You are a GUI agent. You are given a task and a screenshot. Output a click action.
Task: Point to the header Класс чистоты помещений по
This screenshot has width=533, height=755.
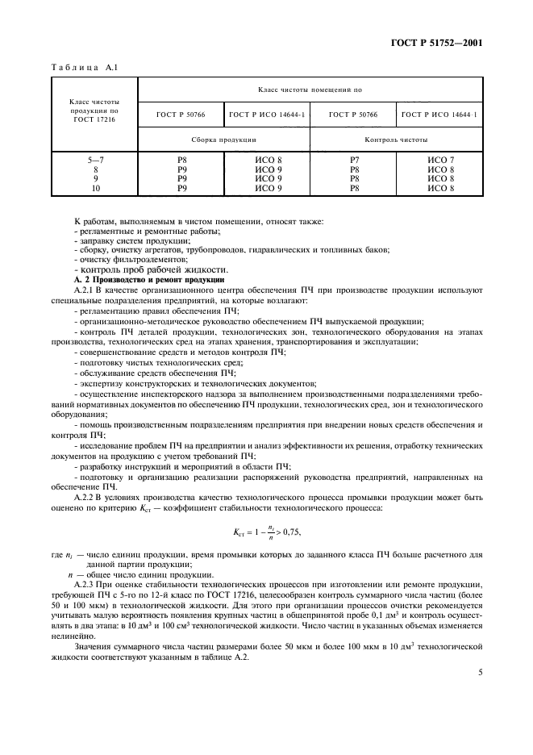310,92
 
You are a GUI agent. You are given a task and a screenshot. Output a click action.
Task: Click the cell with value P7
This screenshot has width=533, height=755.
353,161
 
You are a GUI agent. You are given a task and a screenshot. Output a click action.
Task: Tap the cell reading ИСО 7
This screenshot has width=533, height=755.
441,161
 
